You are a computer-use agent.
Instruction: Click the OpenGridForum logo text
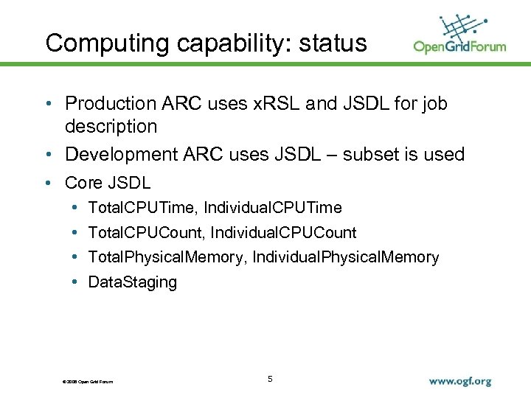click(459, 46)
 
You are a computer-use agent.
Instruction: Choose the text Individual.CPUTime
click(273, 208)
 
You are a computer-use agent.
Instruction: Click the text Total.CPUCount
click(145, 233)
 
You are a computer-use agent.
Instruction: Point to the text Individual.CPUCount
click(283, 233)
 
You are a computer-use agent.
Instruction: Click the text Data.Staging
click(132, 282)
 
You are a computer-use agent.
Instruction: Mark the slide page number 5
click(270, 379)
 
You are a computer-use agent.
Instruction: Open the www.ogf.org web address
click(459, 382)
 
